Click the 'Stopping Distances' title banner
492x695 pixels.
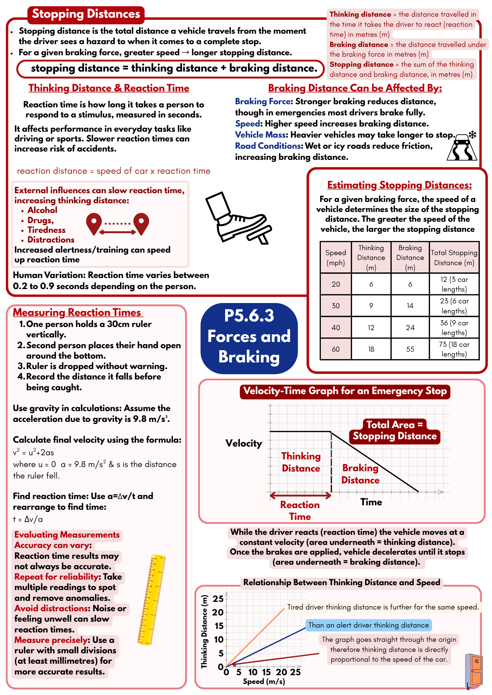coord(86,14)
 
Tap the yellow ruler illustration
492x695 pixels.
coord(152,600)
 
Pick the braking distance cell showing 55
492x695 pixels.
coord(410,349)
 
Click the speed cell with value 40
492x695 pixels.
coord(335,327)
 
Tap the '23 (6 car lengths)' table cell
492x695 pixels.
coord(454,306)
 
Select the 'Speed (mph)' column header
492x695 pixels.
coord(335,257)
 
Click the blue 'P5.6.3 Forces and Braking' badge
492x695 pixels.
coord(249,337)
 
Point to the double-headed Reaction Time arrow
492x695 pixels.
coord(300,495)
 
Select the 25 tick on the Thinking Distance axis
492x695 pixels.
coord(218,599)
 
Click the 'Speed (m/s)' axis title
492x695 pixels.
coord(264,681)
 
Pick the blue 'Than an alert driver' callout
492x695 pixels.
coord(368,625)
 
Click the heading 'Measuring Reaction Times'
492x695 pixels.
coord(77,312)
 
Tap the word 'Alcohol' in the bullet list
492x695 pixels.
coord(42,210)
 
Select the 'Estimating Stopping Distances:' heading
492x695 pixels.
coord(399,185)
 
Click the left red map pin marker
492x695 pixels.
coord(94,223)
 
